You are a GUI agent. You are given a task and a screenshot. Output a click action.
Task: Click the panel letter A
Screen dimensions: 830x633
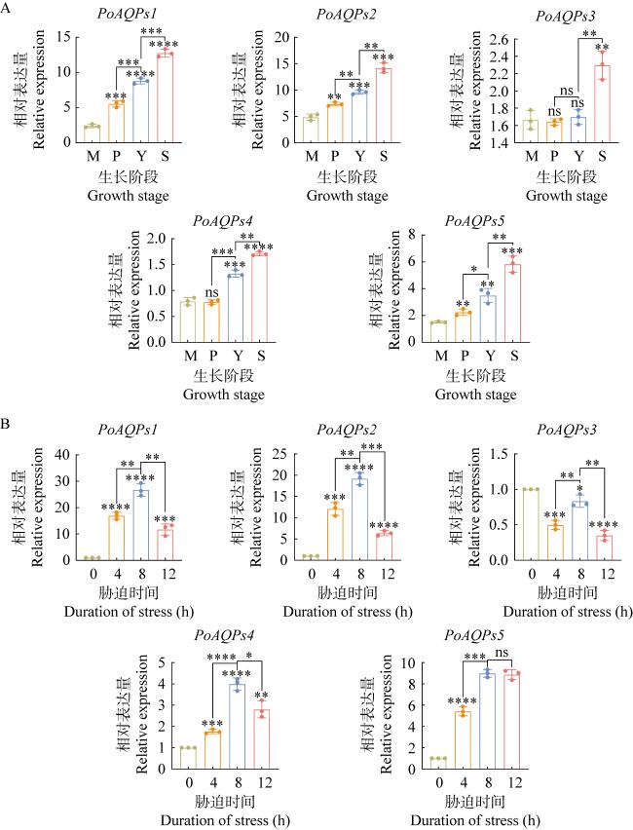click(x=8, y=13)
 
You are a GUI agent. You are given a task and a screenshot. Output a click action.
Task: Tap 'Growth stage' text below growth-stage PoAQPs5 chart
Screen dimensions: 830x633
click(x=475, y=396)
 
